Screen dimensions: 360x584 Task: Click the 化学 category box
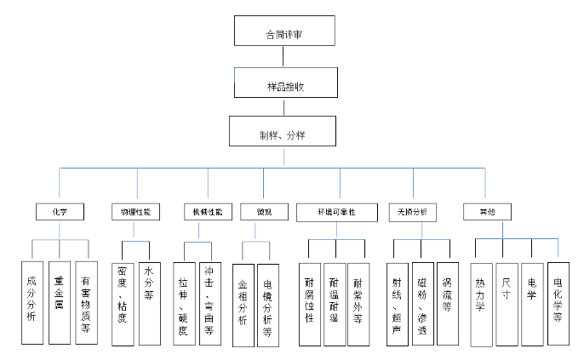click(x=60, y=210)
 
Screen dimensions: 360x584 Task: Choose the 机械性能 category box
click(x=208, y=210)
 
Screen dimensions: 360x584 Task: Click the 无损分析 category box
click(x=413, y=210)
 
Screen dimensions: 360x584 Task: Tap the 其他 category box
click(x=485, y=210)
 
